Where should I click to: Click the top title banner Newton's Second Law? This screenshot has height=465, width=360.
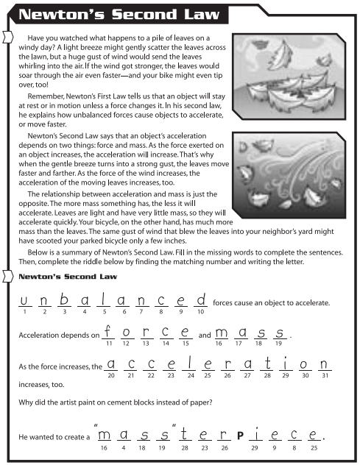(110, 14)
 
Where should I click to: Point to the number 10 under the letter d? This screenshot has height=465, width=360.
(200, 312)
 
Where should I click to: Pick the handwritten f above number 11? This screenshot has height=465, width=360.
(108, 332)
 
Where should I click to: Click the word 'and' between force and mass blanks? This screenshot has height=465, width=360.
(205, 336)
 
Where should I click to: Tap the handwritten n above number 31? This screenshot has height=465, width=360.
(323, 364)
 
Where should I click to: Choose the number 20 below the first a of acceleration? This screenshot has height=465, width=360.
(110, 376)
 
